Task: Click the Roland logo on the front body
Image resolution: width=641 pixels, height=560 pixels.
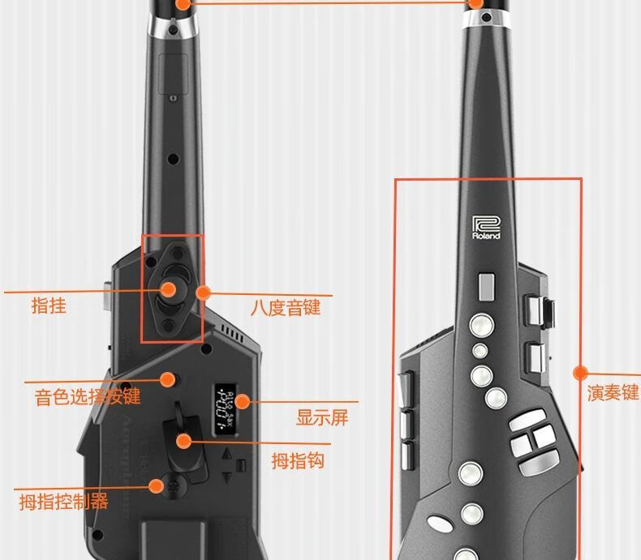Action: point(486,228)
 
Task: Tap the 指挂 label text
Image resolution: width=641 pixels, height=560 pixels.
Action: point(49,306)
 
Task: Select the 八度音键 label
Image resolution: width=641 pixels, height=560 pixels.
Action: point(285,307)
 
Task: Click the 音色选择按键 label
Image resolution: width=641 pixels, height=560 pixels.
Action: point(88,396)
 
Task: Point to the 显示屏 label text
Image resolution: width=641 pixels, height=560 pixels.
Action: point(321,417)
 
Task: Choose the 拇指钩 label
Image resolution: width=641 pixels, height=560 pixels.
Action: point(298,460)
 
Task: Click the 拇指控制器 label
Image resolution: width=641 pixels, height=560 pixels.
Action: point(64,501)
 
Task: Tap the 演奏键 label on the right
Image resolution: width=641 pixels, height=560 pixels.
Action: point(613,393)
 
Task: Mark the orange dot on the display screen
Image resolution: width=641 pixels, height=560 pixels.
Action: point(241,401)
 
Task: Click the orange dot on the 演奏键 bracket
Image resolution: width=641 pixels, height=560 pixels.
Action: point(580,373)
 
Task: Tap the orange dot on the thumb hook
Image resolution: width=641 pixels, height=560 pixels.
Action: point(185,442)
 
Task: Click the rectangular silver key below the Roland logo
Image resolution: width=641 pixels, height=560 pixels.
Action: point(485,285)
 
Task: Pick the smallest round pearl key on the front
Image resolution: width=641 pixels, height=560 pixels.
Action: point(480,350)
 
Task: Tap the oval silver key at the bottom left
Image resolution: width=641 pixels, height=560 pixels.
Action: point(438,524)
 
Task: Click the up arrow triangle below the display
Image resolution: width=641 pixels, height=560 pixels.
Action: point(227,455)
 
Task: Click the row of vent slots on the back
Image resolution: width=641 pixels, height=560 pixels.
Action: point(230,332)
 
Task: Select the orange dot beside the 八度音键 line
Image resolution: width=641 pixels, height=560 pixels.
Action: point(203,292)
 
